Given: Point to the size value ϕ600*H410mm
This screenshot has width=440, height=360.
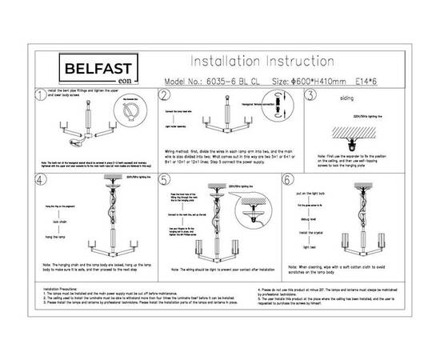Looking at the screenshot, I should pyautogui.click(x=321, y=82).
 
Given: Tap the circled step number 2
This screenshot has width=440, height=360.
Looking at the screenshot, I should pyautogui.click(x=165, y=97).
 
